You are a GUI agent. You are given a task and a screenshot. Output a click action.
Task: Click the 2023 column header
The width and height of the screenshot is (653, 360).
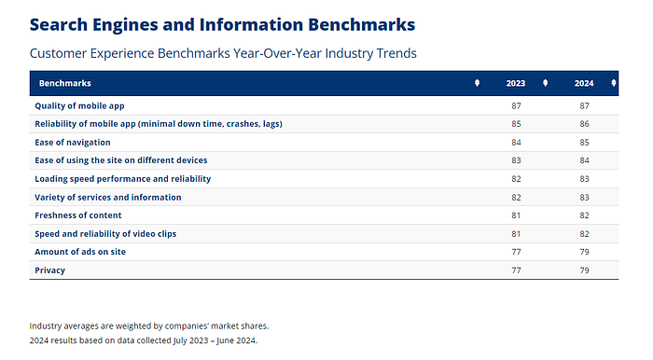click(x=516, y=83)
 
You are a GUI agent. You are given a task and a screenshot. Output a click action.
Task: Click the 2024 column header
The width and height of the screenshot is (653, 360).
click(x=584, y=83)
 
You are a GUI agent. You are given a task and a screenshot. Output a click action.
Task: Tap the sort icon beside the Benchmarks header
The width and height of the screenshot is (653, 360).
click(x=478, y=83)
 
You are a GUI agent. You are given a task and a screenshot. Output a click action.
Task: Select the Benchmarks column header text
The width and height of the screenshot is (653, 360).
click(x=65, y=83)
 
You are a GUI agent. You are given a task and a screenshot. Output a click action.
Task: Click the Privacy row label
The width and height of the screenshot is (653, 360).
click(x=50, y=270)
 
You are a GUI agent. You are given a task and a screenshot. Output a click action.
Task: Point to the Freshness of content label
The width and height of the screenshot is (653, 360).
click(x=77, y=215)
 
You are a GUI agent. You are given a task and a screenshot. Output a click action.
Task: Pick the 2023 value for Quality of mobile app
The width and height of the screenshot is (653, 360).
click(x=516, y=105)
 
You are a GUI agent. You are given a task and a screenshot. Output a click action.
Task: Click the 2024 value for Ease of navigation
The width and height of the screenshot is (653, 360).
click(x=584, y=143)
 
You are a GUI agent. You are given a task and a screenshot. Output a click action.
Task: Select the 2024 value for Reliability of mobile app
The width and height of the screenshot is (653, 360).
click(x=584, y=124)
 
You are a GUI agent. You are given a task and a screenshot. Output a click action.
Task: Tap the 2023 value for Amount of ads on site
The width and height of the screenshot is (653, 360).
click(x=516, y=252)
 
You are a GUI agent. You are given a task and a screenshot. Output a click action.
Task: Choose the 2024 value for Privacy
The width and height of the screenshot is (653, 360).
click(x=584, y=270)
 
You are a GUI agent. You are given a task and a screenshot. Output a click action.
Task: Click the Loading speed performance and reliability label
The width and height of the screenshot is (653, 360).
click(x=123, y=179)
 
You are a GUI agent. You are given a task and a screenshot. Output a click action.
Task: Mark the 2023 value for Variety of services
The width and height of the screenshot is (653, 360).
click(x=516, y=198)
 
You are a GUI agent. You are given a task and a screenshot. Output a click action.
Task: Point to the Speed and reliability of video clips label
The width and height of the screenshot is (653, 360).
click(x=105, y=234)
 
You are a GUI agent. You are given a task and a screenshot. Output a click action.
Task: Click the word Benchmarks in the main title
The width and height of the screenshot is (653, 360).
click(x=362, y=24)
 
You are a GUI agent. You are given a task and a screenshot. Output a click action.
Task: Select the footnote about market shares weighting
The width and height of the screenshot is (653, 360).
click(x=149, y=325)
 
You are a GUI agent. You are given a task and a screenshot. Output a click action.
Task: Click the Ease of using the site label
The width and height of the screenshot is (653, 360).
click(x=120, y=160)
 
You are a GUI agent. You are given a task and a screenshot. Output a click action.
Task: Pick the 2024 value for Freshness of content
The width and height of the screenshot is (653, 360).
click(x=584, y=215)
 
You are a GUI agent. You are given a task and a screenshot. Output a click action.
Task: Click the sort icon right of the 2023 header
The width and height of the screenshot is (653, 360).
click(x=545, y=83)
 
